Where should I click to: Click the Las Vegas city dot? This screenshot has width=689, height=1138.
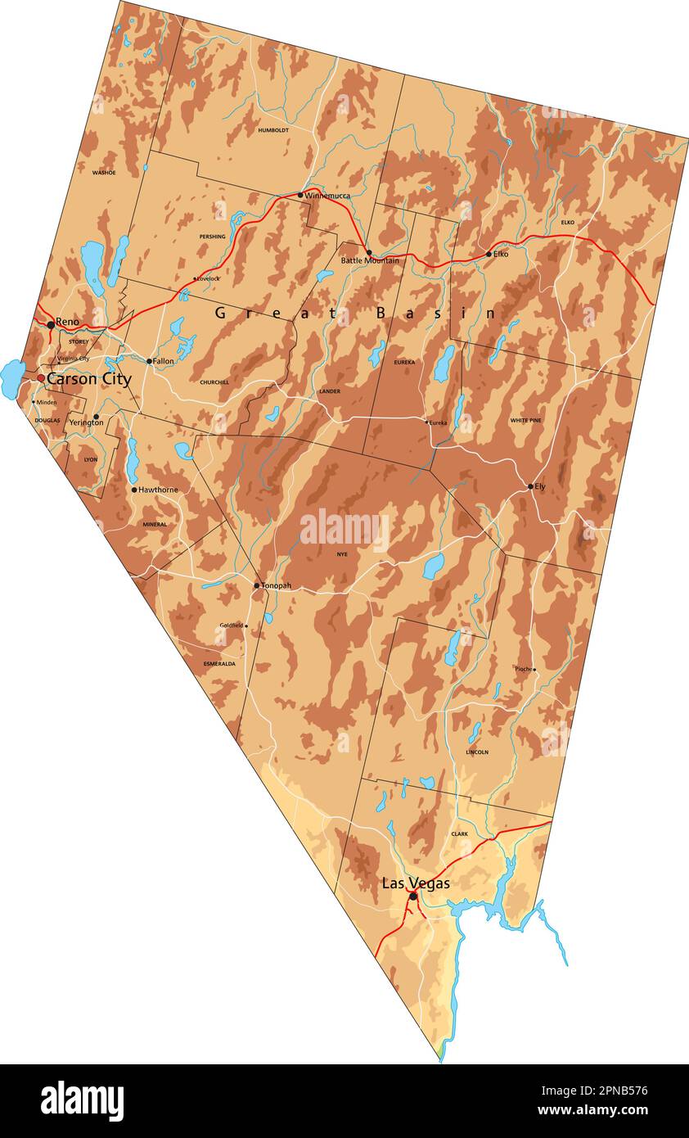[x=413, y=896]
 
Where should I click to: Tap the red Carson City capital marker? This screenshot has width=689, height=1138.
[x=41, y=378]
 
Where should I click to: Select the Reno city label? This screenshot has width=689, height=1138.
[x=67, y=322]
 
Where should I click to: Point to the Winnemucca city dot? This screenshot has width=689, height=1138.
[x=300, y=195]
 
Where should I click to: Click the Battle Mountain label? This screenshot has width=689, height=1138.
[x=370, y=260]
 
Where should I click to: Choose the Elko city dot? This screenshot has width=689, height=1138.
[x=489, y=254]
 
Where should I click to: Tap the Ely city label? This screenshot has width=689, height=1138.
[x=540, y=486]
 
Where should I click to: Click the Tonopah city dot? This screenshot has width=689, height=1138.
[x=256, y=585]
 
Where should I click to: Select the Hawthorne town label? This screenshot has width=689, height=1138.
[x=158, y=490]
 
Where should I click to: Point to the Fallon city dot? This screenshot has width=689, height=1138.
[x=149, y=361]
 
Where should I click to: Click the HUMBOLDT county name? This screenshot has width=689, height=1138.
[x=273, y=130]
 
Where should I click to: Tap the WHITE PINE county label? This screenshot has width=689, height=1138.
[x=525, y=421]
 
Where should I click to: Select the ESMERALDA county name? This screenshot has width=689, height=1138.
[x=219, y=664]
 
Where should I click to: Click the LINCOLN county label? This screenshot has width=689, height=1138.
[x=477, y=752]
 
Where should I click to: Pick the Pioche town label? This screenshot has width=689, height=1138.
[x=523, y=669]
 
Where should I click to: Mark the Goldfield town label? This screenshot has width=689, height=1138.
[x=232, y=625]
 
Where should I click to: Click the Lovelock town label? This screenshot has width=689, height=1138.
[x=209, y=278]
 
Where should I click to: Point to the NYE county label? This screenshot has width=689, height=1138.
[x=342, y=554]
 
